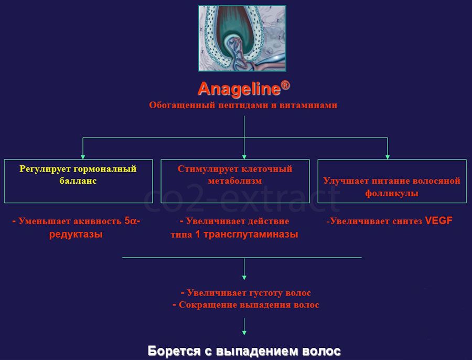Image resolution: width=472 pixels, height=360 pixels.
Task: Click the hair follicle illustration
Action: pos(242,38)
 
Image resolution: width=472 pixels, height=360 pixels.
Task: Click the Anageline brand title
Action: pos(239,89)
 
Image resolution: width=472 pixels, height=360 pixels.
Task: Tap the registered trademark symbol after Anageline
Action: pos(285,85)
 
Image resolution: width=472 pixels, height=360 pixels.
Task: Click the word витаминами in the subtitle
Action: pos(308,105)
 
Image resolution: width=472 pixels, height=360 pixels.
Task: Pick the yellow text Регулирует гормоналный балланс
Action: pos(78,175)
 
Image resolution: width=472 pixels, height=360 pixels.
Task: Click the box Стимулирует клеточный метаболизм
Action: pos(235,181)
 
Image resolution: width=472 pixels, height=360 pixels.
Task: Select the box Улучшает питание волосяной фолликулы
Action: pos(392,181)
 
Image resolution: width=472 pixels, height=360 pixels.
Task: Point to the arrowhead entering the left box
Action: pos(83,157)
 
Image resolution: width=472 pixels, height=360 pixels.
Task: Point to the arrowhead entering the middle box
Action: pos(244,157)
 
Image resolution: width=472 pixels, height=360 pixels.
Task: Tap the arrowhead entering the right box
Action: pos(388,157)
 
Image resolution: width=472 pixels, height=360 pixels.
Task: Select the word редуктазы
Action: pos(76,234)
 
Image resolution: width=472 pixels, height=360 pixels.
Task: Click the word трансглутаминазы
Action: pos(251,234)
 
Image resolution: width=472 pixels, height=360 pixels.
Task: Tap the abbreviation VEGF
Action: pos(438,221)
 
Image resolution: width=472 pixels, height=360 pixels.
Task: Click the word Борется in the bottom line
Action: pos(174,351)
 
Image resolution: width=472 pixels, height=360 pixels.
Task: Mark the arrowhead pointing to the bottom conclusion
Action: pos(244,333)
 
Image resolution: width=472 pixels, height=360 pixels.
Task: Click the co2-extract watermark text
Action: pos(242,197)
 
